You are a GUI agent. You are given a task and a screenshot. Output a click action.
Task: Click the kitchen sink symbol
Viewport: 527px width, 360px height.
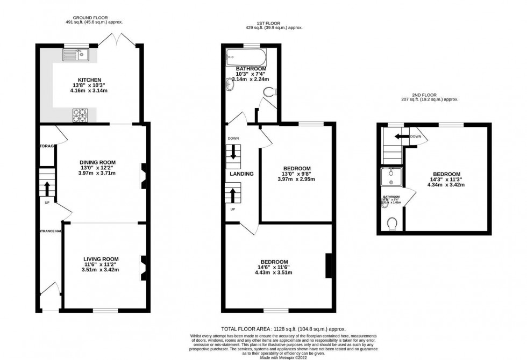[x=75, y=54]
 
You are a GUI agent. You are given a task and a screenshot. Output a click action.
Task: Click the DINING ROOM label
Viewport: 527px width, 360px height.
[x=97, y=162]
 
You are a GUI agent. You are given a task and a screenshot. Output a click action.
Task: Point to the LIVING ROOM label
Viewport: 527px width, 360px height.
[x=101, y=259]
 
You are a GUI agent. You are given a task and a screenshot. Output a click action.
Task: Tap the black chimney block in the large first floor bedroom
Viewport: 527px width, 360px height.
[x=329, y=265]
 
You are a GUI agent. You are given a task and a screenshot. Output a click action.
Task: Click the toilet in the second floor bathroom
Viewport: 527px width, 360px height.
[x=392, y=222]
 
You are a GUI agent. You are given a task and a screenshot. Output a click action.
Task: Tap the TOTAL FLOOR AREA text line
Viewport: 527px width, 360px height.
[x=283, y=329]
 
